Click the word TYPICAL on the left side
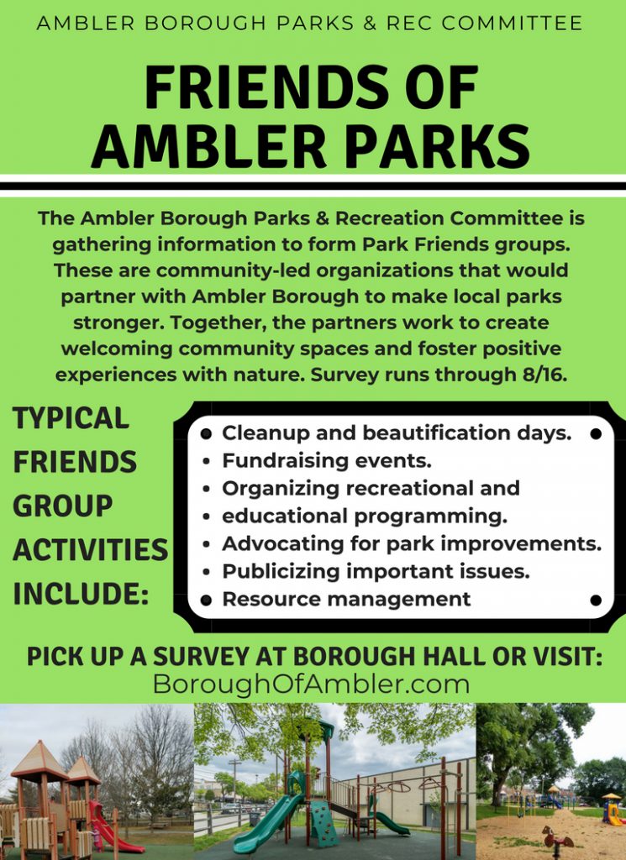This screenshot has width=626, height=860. point(71,418)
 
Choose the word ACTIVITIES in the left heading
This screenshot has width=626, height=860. point(90,551)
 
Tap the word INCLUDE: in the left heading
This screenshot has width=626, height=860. point(81,595)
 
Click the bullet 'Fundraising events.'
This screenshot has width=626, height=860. point(326,460)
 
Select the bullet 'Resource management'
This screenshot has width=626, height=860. point(345,599)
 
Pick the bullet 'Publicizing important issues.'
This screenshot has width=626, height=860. point(376,571)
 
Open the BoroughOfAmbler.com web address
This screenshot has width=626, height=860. point(311,684)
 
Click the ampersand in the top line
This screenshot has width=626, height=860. point(370,23)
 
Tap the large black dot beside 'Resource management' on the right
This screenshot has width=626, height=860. point(595,600)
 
